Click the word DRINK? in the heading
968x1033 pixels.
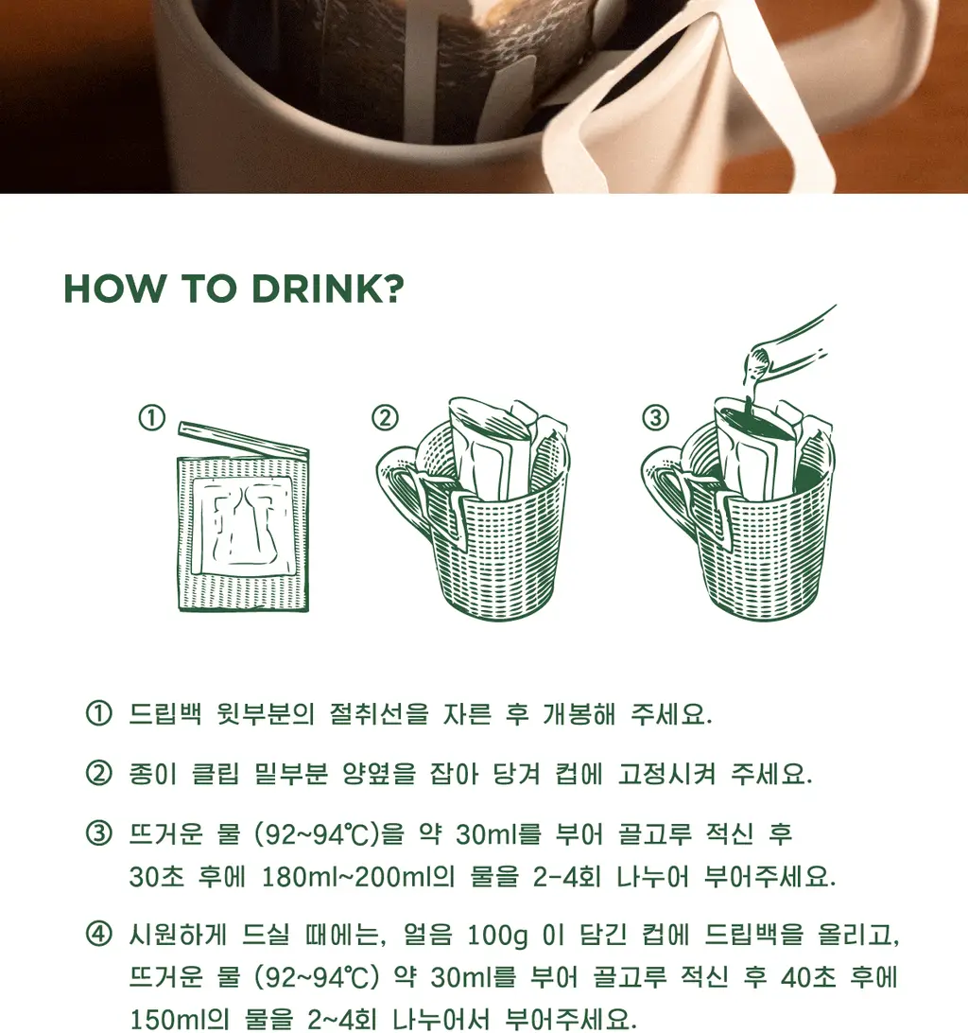tap(328, 289)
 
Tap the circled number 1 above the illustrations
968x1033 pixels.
tap(151, 418)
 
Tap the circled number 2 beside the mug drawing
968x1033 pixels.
tap(386, 418)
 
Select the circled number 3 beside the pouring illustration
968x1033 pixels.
tap(655, 418)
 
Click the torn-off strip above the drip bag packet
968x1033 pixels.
tap(244, 439)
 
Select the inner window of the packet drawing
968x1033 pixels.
tap(242, 524)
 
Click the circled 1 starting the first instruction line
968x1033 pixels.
tap(98, 713)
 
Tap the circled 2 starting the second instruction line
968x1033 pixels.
tap(98, 773)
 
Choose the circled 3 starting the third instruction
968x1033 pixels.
tap(98, 833)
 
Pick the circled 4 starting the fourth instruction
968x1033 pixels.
tap(98, 935)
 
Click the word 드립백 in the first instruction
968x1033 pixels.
tap(165, 714)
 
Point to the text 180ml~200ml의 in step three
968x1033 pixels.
tap(358, 877)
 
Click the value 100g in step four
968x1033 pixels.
tap(498, 936)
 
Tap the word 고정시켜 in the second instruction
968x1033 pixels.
tap(666, 774)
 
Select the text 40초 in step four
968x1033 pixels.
tap(808, 977)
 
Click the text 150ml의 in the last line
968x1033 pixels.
tap(179, 1019)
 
